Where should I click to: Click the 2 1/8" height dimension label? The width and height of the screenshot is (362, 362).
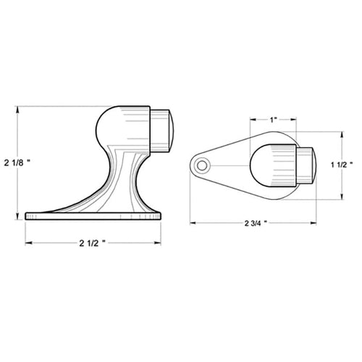17,163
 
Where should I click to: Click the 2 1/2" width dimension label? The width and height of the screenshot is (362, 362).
93,243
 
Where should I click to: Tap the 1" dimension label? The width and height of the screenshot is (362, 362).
273,119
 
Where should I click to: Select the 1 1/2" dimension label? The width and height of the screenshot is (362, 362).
342,165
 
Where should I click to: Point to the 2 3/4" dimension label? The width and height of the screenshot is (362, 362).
256,223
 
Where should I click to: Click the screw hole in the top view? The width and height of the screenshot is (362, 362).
202,166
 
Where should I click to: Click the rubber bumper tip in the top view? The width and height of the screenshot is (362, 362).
306,166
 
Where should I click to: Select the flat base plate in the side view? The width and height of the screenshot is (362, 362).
93,216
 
